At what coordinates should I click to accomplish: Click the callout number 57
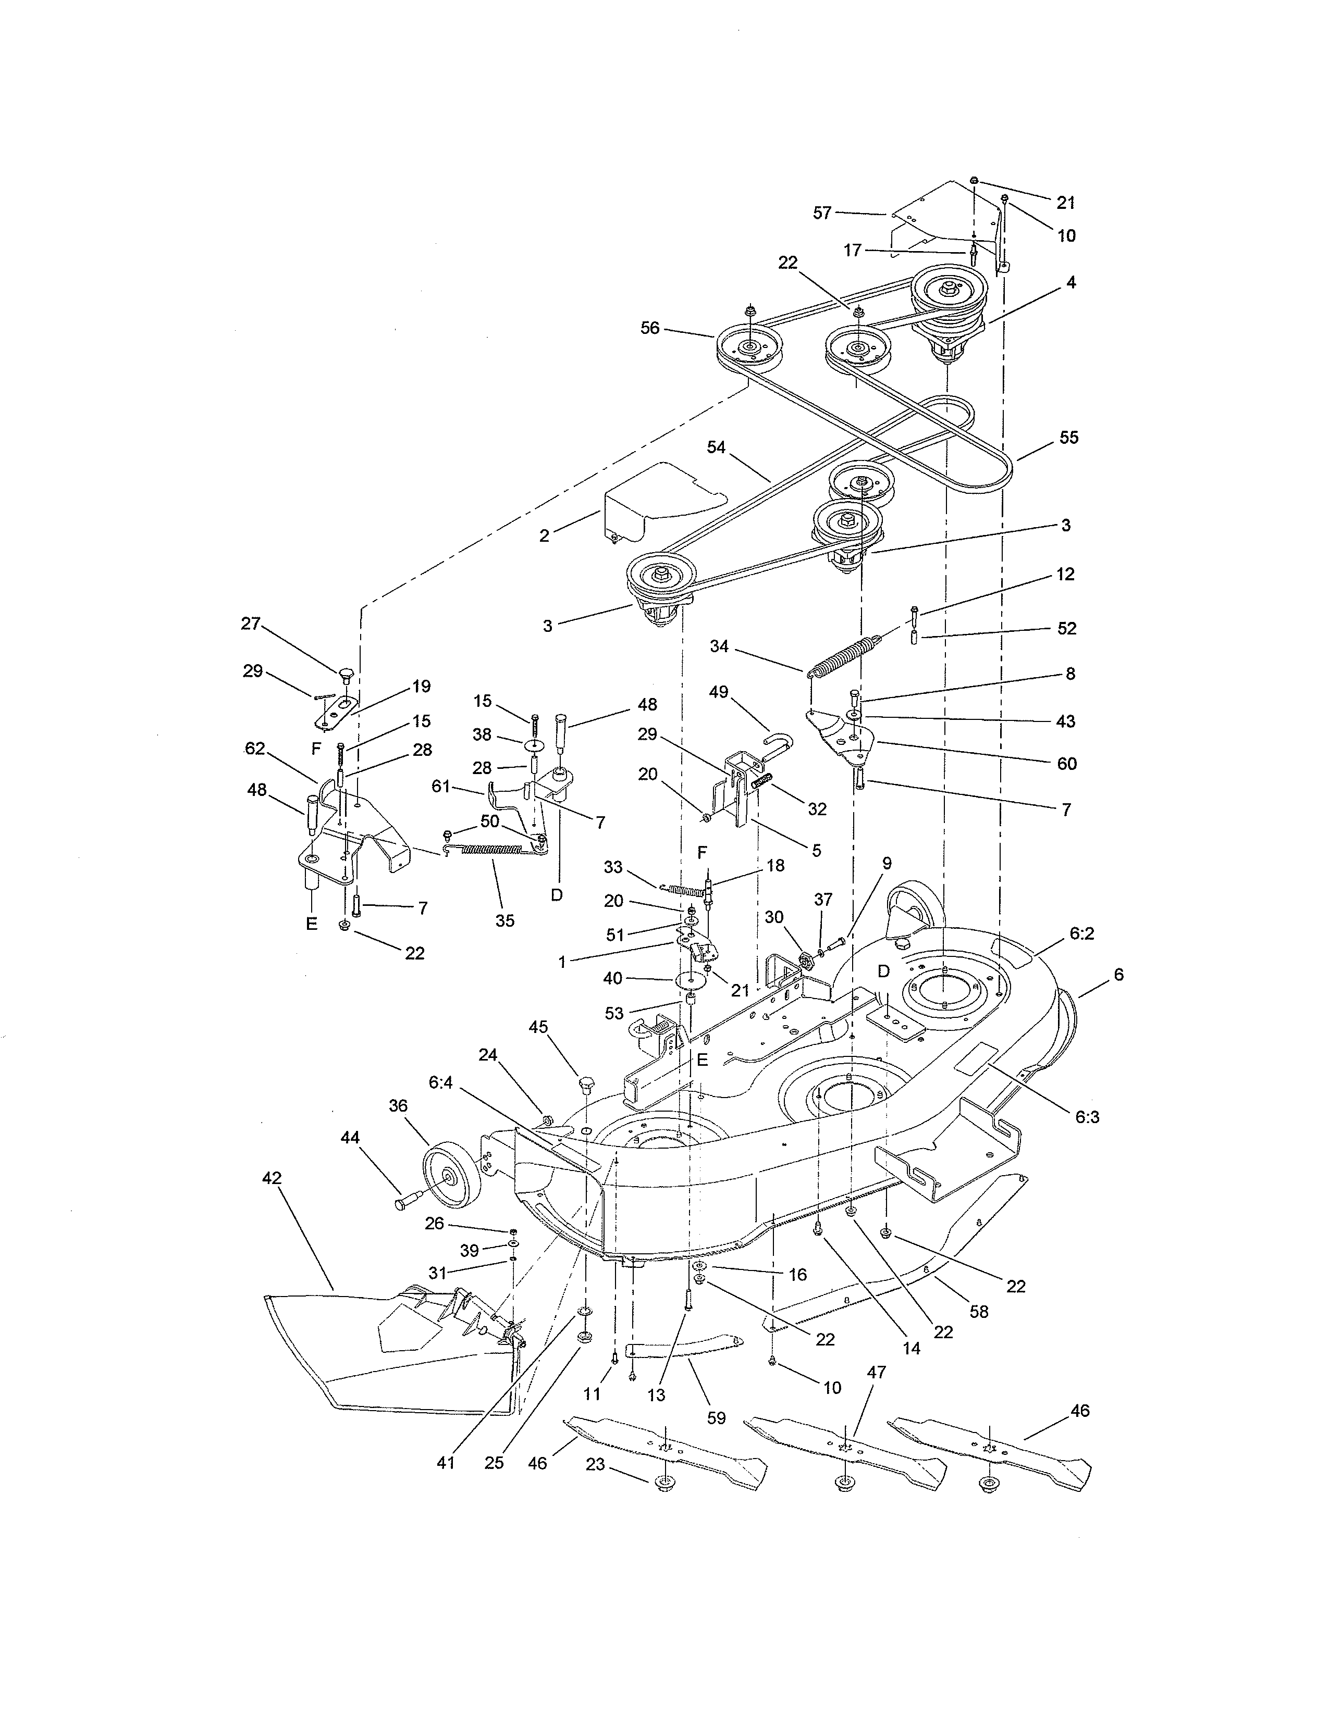822,213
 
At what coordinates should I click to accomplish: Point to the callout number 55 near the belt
1068,438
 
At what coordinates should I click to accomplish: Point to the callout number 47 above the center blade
876,1372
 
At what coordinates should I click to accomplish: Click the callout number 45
538,1027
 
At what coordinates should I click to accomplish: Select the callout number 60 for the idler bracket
1067,764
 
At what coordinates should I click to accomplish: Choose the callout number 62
255,749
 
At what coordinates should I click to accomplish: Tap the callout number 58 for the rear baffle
979,1311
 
